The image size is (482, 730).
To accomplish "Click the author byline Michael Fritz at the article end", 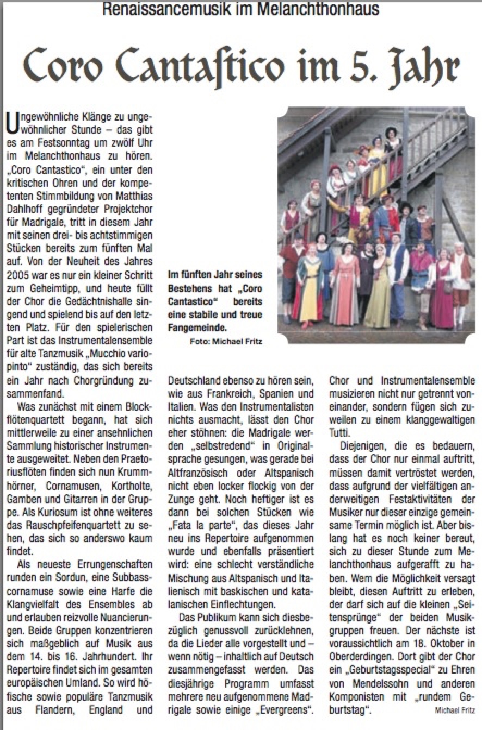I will [454, 710].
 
